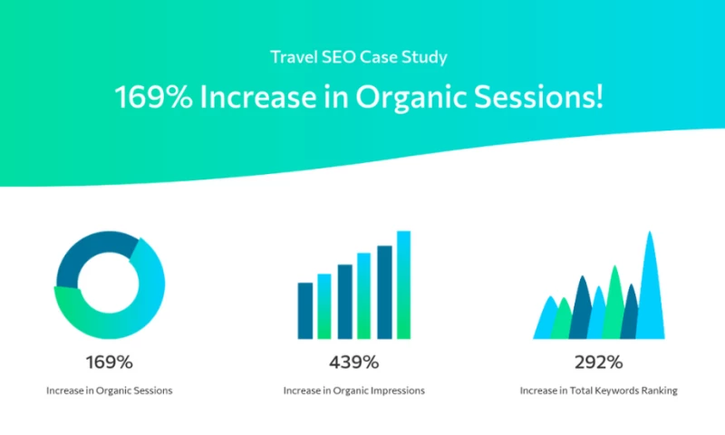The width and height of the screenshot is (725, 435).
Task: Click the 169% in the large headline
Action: click(152, 97)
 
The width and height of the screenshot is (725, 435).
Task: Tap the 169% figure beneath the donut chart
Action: click(110, 362)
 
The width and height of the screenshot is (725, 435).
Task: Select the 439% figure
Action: click(353, 362)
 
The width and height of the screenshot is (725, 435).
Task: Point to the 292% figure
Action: click(598, 362)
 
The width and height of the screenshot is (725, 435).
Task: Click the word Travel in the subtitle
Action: click(293, 57)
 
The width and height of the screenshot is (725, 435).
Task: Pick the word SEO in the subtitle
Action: click(335, 57)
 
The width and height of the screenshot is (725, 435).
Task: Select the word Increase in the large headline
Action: click(252, 97)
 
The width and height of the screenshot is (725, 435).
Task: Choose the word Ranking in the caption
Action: click(660, 391)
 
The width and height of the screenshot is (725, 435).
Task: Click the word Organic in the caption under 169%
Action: click(115, 391)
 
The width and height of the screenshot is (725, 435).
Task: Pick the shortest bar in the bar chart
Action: click(305, 310)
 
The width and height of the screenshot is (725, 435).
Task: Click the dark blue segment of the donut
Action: click(91, 249)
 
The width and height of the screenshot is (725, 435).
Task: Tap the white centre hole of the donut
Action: click(110, 285)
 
